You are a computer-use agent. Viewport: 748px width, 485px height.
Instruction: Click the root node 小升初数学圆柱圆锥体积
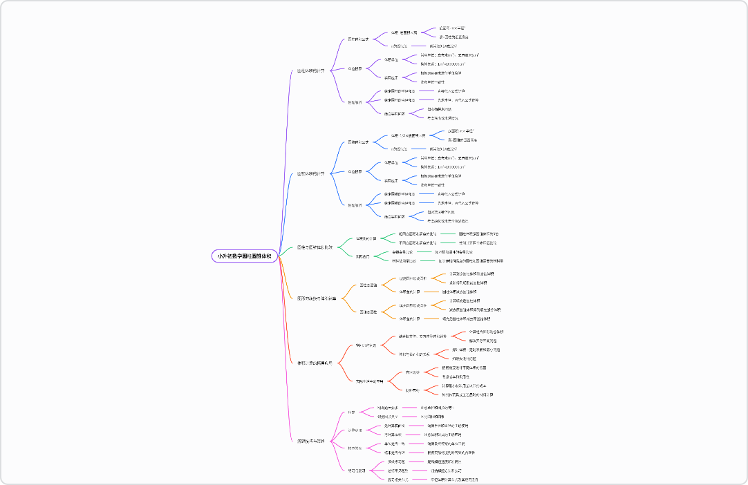tap(244, 256)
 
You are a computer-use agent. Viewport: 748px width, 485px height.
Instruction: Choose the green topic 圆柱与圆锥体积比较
tap(315, 247)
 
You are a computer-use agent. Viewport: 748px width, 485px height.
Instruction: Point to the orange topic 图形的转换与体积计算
tap(317, 298)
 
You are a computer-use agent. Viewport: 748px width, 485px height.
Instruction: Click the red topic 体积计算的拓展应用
tap(315, 362)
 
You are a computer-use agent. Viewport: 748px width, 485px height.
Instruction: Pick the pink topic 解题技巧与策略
tap(311, 441)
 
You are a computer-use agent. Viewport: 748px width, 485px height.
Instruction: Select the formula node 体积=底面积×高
tap(404, 32)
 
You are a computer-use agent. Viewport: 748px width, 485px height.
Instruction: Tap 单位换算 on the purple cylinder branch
tap(355, 68)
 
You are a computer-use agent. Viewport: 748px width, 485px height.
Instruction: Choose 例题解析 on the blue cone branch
tap(355, 205)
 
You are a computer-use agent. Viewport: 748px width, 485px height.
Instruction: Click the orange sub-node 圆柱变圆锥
tap(368, 285)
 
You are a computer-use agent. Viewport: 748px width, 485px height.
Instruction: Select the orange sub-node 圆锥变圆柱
tap(368, 312)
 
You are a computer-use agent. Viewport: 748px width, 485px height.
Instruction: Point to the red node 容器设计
tap(412, 372)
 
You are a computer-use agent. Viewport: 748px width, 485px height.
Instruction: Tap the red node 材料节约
tap(412, 390)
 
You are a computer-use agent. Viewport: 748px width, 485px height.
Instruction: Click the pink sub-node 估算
tap(351, 412)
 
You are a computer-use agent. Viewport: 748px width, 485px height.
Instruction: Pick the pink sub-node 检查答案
tap(355, 448)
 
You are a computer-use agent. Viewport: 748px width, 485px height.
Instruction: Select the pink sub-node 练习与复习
tap(356, 470)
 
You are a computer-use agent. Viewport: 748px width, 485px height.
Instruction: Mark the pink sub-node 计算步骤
tap(355, 430)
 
